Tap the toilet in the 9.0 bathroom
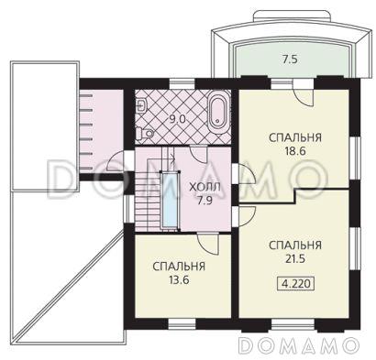pyautogui.click(x=145, y=133)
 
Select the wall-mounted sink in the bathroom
pyautogui.click(x=141, y=105)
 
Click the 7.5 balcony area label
pyautogui.click(x=290, y=60)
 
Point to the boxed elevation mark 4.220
pyautogui.click(x=295, y=284)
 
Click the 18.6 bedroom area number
pyautogui.click(x=295, y=151)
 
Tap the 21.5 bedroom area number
pyautogui.click(x=295, y=259)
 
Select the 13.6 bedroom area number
pyautogui.click(x=179, y=280)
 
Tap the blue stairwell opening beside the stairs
pyautogui.click(x=170, y=200)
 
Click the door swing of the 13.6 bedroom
pyautogui.click(x=208, y=244)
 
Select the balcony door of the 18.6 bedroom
pyautogui.click(x=303, y=93)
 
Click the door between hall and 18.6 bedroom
pyautogui.click(x=244, y=174)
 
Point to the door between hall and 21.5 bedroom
pyautogui.click(x=244, y=216)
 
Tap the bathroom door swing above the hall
pyautogui.click(x=199, y=155)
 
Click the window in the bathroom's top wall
pyautogui.click(x=182, y=83)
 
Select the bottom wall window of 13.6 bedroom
pyautogui.click(x=182, y=323)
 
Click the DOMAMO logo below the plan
pyautogui.click(x=298, y=345)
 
